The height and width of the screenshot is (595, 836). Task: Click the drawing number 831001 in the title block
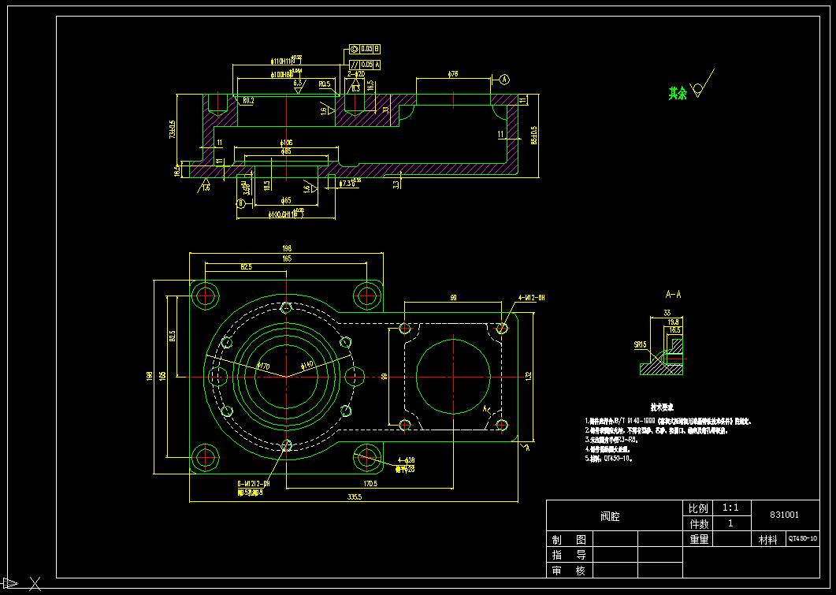coord(784,515)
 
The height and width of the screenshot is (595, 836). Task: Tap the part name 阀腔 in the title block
coord(609,516)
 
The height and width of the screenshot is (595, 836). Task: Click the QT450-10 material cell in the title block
coord(802,539)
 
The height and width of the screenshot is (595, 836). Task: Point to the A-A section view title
coord(674,295)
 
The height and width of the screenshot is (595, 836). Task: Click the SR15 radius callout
coord(640,344)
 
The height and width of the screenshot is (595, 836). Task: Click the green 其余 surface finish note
coord(678,93)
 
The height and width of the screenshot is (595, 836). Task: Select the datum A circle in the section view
coord(504,79)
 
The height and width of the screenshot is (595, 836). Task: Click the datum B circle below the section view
coord(240,203)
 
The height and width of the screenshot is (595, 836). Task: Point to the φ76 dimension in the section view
coord(453,74)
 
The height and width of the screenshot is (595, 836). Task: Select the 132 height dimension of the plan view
coord(529,375)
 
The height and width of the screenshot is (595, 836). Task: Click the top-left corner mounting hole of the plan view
coord(207,296)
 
